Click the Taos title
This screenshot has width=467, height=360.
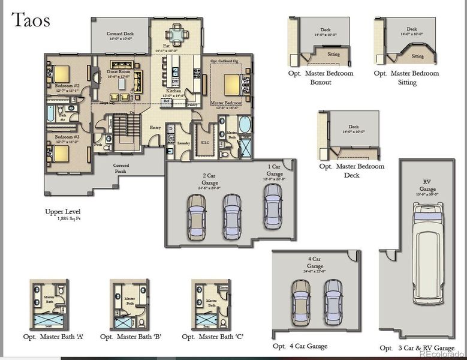pos(30,20)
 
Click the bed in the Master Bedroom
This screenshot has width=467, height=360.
pos(233,83)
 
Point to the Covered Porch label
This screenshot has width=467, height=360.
pos(121,167)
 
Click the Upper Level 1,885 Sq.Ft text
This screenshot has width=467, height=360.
pos(62,215)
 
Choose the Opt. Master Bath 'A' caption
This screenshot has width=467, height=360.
pos(53,337)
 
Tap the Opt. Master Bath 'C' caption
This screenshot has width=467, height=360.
pos(213,337)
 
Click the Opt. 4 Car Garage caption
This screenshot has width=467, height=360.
pos(300,346)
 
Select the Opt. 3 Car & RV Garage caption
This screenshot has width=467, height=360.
pos(417,348)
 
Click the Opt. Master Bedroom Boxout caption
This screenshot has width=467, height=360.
pos(321,77)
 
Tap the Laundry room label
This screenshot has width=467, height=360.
pos(183,143)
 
